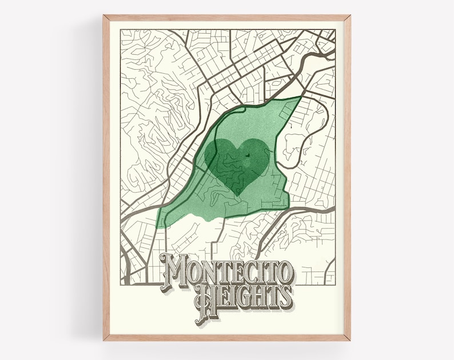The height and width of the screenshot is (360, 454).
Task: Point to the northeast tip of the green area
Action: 301,98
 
